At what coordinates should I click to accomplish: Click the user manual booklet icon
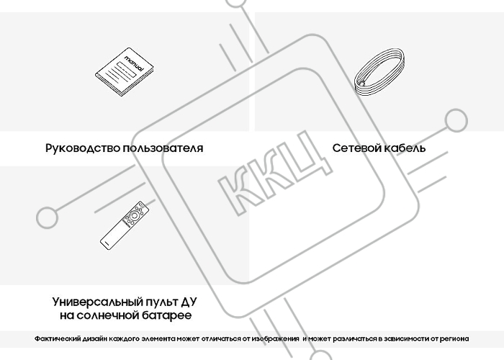click(125, 72)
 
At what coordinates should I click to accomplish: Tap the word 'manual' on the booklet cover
click(134, 63)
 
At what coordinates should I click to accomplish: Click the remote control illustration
click(125, 225)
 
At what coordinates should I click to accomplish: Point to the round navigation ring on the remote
click(134, 216)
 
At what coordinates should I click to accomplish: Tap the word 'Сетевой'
click(357, 148)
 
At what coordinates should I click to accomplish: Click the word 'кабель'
click(405, 148)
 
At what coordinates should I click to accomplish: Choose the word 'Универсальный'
click(98, 302)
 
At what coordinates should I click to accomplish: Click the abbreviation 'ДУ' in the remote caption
click(189, 302)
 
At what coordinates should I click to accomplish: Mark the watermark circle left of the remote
click(48, 217)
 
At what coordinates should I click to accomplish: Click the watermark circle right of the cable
click(456, 121)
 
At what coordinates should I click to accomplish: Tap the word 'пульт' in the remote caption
click(161, 302)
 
